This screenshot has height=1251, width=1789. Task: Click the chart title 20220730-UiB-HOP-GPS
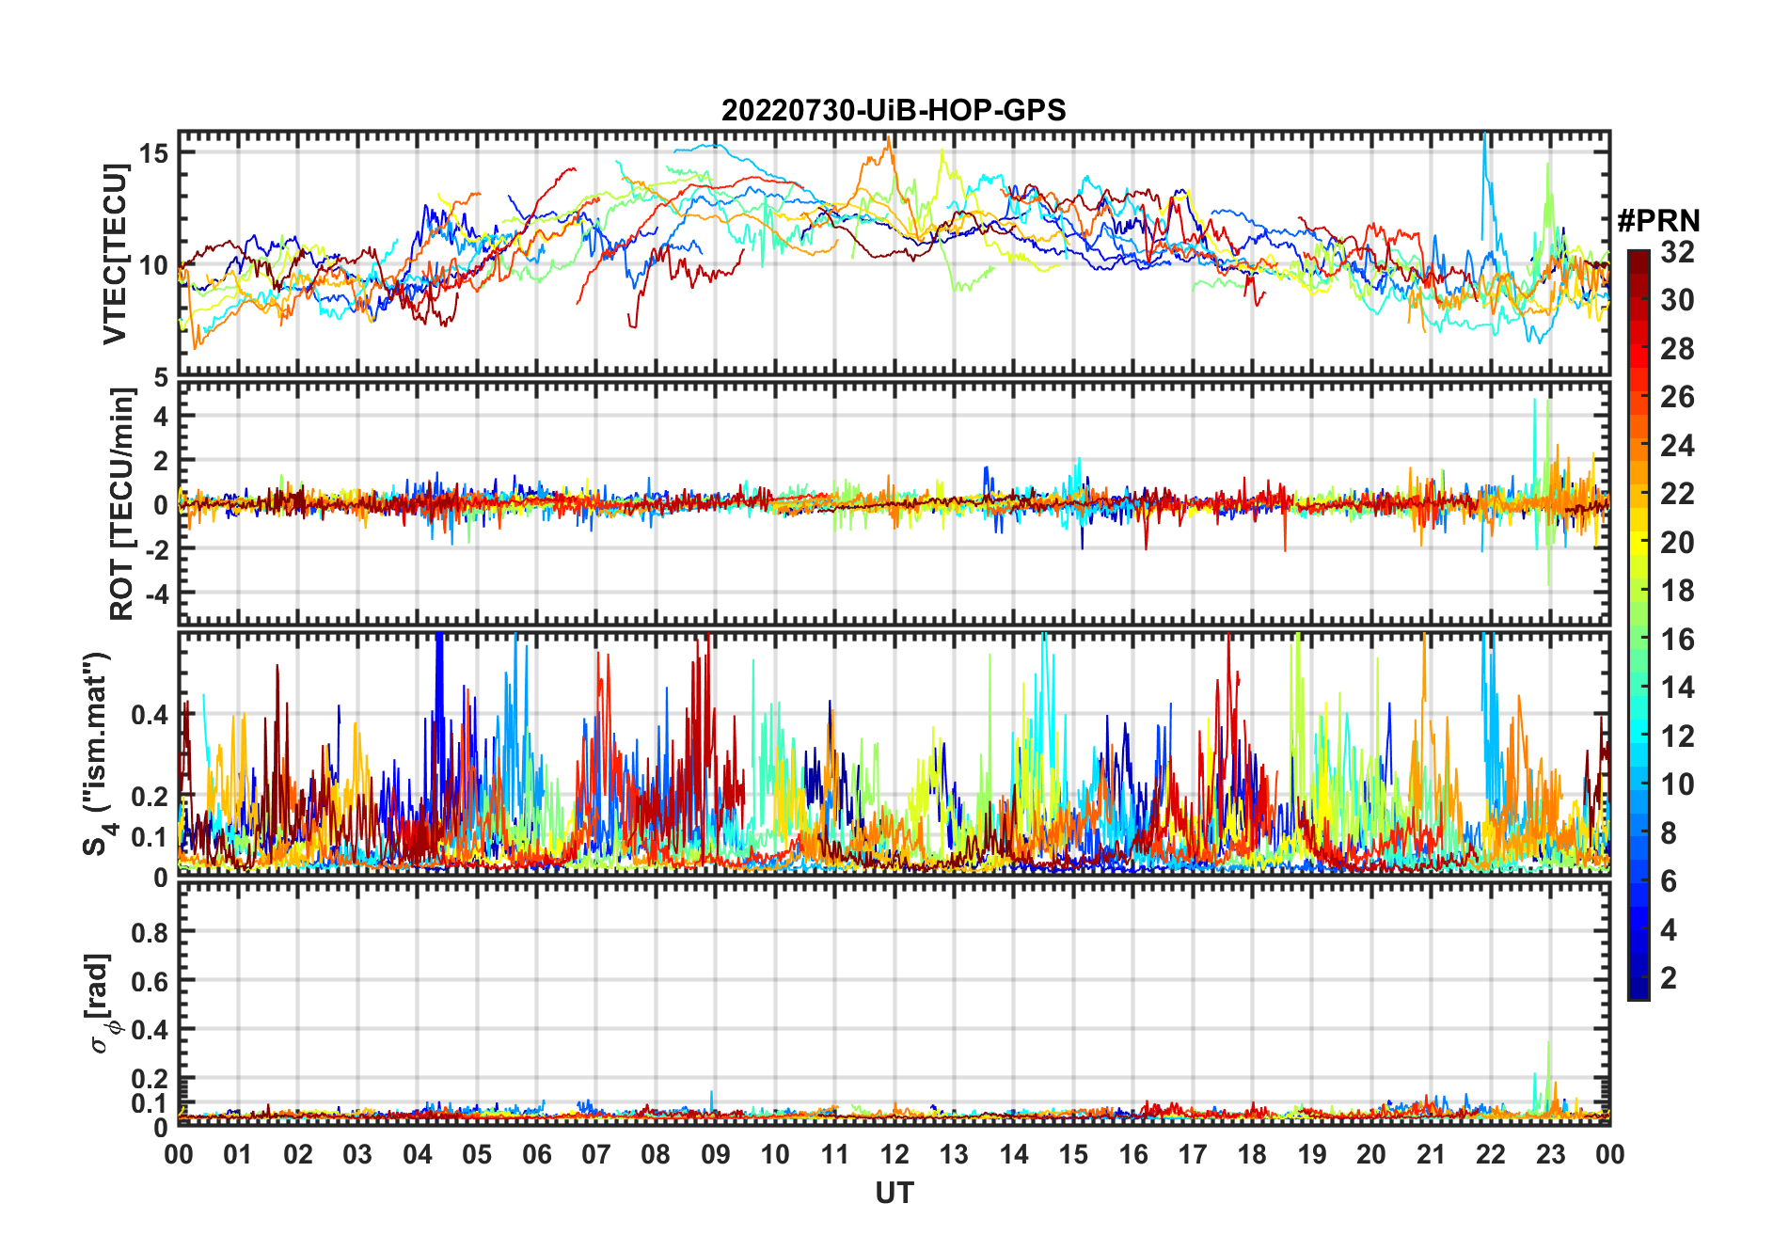894,110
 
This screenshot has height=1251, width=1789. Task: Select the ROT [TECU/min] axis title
121,504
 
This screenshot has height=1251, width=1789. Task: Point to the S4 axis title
97,753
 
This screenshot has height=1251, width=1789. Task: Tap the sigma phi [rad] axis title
104,1004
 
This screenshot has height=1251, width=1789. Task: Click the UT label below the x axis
894,1193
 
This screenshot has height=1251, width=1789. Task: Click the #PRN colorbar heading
1658,221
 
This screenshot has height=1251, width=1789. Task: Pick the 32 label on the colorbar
1677,251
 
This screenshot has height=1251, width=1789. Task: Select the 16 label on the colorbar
1677,640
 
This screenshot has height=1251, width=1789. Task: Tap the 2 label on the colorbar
1669,978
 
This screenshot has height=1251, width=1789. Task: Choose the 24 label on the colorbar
1677,445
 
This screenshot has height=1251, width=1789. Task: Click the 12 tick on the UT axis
894,1154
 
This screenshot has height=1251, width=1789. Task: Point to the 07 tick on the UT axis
596,1154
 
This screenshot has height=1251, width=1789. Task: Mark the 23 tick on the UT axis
1550,1154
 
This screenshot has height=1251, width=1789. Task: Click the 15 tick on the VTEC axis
153,152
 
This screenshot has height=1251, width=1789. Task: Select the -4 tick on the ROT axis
156,594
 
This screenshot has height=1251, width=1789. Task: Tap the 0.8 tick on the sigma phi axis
150,932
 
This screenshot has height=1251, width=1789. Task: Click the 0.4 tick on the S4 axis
150,715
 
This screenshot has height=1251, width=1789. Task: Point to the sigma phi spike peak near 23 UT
1548,1042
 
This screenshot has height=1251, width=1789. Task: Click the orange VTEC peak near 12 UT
888,138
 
